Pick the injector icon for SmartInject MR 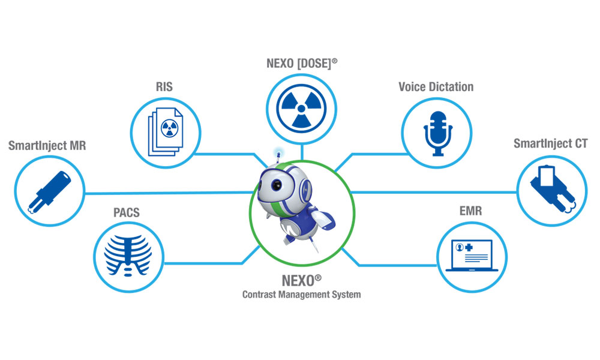pyautogui.click(x=49, y=193)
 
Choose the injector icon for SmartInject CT pyautogui.click(x=553, y=187)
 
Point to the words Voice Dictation pyautogui.click(x=436, y=87)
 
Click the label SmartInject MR pyautogui.click(x=47, y=146)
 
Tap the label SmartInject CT pyautogui.click(x=551, y=143)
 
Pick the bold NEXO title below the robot pyautogui.click(x=298, y=281)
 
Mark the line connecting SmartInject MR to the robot pyautogui.click(x=168, y=193)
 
